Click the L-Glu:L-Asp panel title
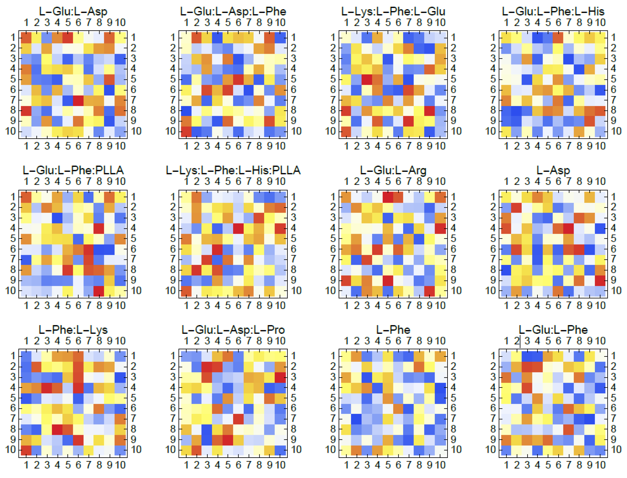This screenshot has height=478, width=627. click(x=73, y=11)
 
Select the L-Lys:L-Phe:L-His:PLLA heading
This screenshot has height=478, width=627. click(x=233, y=170)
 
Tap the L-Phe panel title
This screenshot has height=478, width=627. click(x=393, y=329)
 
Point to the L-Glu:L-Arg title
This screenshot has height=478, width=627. click(x=393, y=170)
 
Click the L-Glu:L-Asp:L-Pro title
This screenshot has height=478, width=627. click(x=233, y=329)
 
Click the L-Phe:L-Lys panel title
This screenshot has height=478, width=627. click(x=73, y=329)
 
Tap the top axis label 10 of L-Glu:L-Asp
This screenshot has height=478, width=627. click(x=120, y=22)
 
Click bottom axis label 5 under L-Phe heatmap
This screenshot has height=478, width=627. click(x=388, y=465)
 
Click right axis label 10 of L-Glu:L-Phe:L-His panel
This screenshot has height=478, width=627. click(x=616, y=131)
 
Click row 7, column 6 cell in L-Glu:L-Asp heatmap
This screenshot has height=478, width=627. click(x=78, y=100)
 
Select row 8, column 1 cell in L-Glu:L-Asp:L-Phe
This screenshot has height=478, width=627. click(x=186, y=110)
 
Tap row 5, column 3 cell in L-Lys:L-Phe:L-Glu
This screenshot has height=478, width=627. click(x=367, y=79)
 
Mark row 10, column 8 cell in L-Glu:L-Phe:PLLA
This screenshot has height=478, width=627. click(x=99, y=290)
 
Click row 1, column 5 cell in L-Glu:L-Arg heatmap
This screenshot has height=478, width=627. click(x=388, y=197)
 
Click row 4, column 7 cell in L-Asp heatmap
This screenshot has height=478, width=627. click(x=569, y=228)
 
